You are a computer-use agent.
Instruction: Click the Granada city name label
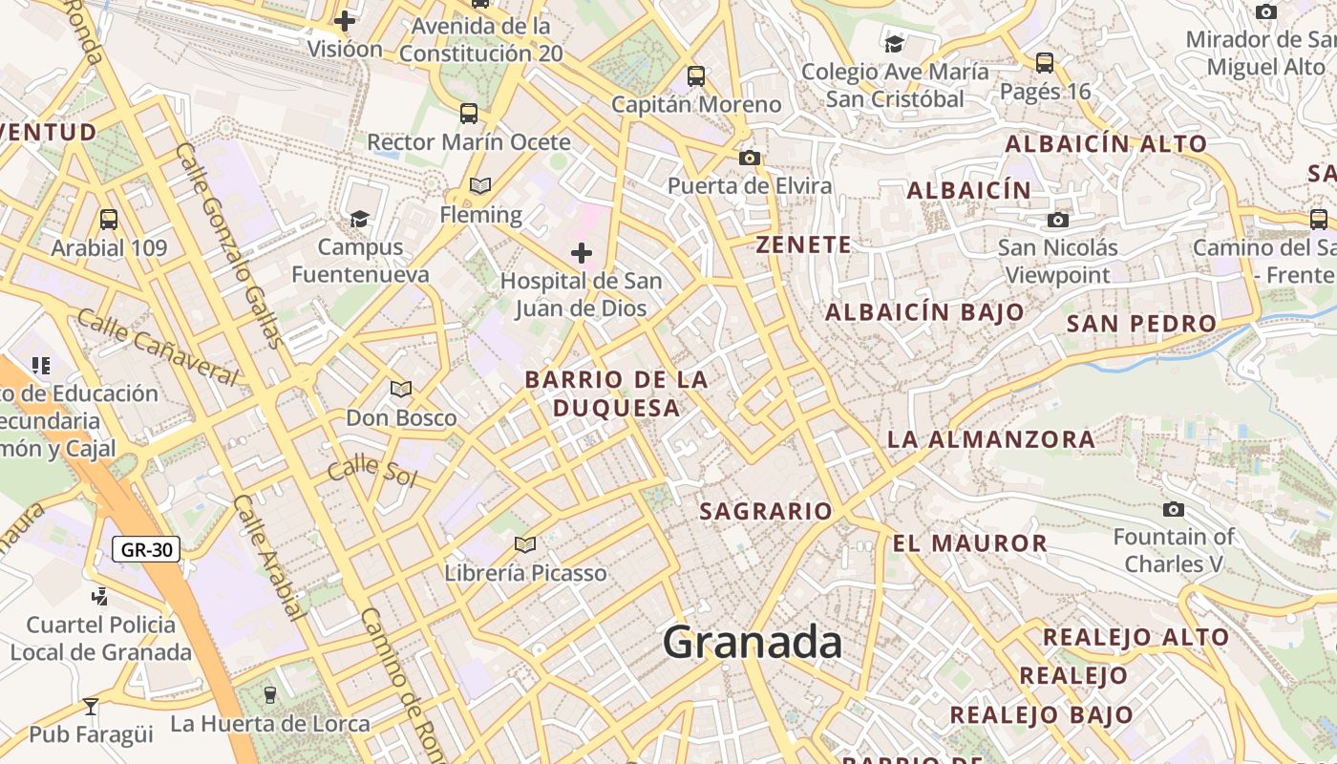tap(753, 642)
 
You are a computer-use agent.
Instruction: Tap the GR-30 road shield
tap(146, 549)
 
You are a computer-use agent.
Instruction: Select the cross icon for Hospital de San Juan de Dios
tap(581, 253)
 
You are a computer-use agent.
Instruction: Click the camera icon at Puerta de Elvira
tap(750, 158)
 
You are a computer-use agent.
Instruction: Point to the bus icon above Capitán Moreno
tap(696, 75)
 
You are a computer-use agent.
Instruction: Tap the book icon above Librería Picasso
tap(524, 544)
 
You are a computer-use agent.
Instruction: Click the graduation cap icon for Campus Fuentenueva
tap(359, 220)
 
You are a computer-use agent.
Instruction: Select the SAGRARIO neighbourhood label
tap(766, 511)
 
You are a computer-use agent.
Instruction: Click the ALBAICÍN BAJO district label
tap(923, 312)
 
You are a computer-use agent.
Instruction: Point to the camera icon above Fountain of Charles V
tap(1174, 509)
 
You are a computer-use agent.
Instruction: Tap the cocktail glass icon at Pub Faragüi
tap(91, 706)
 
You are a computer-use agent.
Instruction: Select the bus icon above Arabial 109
tap(109, 219)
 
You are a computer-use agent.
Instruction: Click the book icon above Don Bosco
tap(401, 390)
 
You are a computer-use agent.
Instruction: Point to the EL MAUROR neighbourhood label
tap(969, 543)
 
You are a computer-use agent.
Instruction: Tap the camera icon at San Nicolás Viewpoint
tap(1057, 220)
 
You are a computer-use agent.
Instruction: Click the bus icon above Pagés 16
tap(1045, 63)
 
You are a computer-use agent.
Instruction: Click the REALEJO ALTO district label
tap(1135, 637)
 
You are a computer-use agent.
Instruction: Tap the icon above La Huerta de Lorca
tap(269, 694)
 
